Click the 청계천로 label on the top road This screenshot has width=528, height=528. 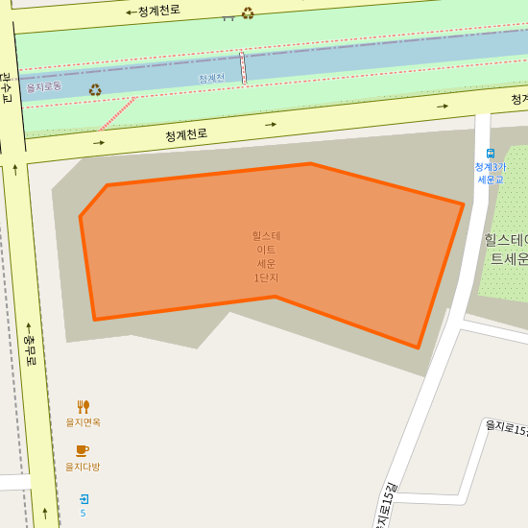coord(158,12)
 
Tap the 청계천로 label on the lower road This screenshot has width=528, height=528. coord(186,134)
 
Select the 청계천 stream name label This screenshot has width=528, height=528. coord(211,78)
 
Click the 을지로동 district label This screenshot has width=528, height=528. coord(44,86)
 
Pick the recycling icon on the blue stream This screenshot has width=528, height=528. coord(95,90)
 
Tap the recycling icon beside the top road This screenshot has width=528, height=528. coord(248,13)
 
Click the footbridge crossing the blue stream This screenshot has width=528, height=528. coord(243,67)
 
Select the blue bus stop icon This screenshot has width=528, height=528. coord(491,154)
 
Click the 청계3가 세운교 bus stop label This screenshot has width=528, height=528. coord(490,173)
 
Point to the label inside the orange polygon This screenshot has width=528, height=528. coord(266,256)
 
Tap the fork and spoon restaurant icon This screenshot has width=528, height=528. coord(84,407)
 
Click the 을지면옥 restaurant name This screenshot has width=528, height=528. coord(83,422)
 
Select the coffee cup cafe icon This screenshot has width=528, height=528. coord(83,450)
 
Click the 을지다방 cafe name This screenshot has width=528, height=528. coord(83,467)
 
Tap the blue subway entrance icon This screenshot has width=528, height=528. coord(84,498)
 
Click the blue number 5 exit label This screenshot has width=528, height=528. coord(83,514)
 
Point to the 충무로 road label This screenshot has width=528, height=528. coord(30,351)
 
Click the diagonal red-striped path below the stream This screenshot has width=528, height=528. coord(117,113)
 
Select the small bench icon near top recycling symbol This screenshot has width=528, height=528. coord(228,16)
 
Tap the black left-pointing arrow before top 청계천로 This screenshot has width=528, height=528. coord(130,13)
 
